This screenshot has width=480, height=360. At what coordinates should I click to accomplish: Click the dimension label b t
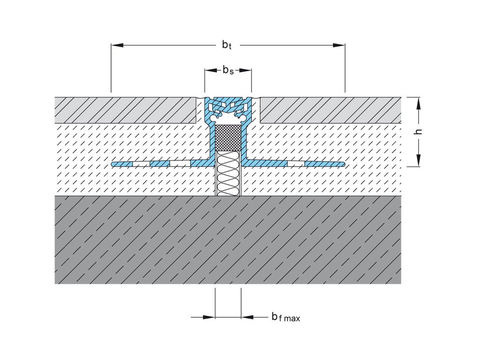point(227,45)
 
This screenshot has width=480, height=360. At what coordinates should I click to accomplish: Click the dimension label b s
point(228,71)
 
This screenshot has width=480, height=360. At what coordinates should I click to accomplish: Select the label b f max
point(285,317)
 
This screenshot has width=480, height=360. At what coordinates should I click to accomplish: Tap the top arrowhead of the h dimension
point(419,103)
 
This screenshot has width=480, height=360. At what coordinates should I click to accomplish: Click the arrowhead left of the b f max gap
point(209,317)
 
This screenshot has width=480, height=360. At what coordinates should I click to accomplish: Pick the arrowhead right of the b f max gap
point(247,317)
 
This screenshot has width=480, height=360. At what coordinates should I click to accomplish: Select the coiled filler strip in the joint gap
point(228,173)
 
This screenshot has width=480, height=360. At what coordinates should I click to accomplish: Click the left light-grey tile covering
point(125,110)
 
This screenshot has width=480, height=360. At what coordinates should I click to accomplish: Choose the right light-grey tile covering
point(330,110)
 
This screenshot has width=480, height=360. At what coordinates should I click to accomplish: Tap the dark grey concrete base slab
point(228,239)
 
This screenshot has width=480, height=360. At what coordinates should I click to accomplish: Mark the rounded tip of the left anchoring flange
point(114,164)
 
